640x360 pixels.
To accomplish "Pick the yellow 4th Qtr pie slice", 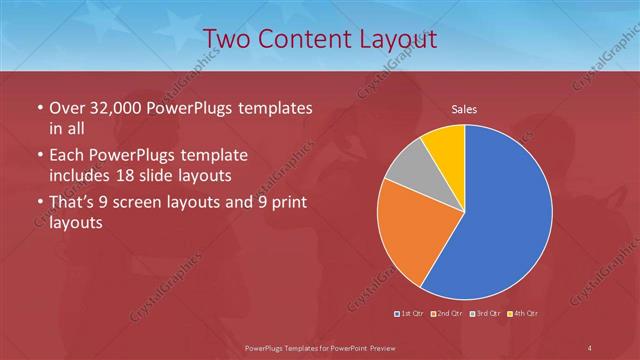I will [x=445, y=145].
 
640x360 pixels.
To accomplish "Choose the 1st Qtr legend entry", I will [x=410, y=314].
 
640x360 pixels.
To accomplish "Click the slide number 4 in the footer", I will [x=590, y=347].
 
